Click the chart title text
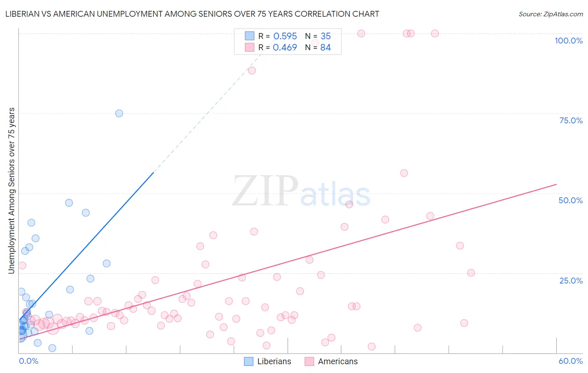pos(192,14)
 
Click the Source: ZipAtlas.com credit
pos(550,14)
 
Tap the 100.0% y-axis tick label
pos(568,41)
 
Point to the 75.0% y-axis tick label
pos(571,120)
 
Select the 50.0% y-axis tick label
pos(570,200)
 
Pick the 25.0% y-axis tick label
pos(571,280)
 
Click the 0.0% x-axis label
pos(28,361)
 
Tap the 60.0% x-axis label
pos(570,361)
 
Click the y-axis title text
pos(11,191)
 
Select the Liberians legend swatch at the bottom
pos(249,361)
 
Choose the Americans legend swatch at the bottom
pos(309,361)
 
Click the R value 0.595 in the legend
pos(285,36)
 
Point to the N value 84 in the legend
pos(325,47)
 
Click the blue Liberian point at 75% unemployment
pos(119,113)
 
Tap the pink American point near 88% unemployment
pos(252,70)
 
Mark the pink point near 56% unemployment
pos(404,173)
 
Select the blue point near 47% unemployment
pos(69,203)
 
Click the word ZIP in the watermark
pos(265,191)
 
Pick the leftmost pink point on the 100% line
pos(361,33)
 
